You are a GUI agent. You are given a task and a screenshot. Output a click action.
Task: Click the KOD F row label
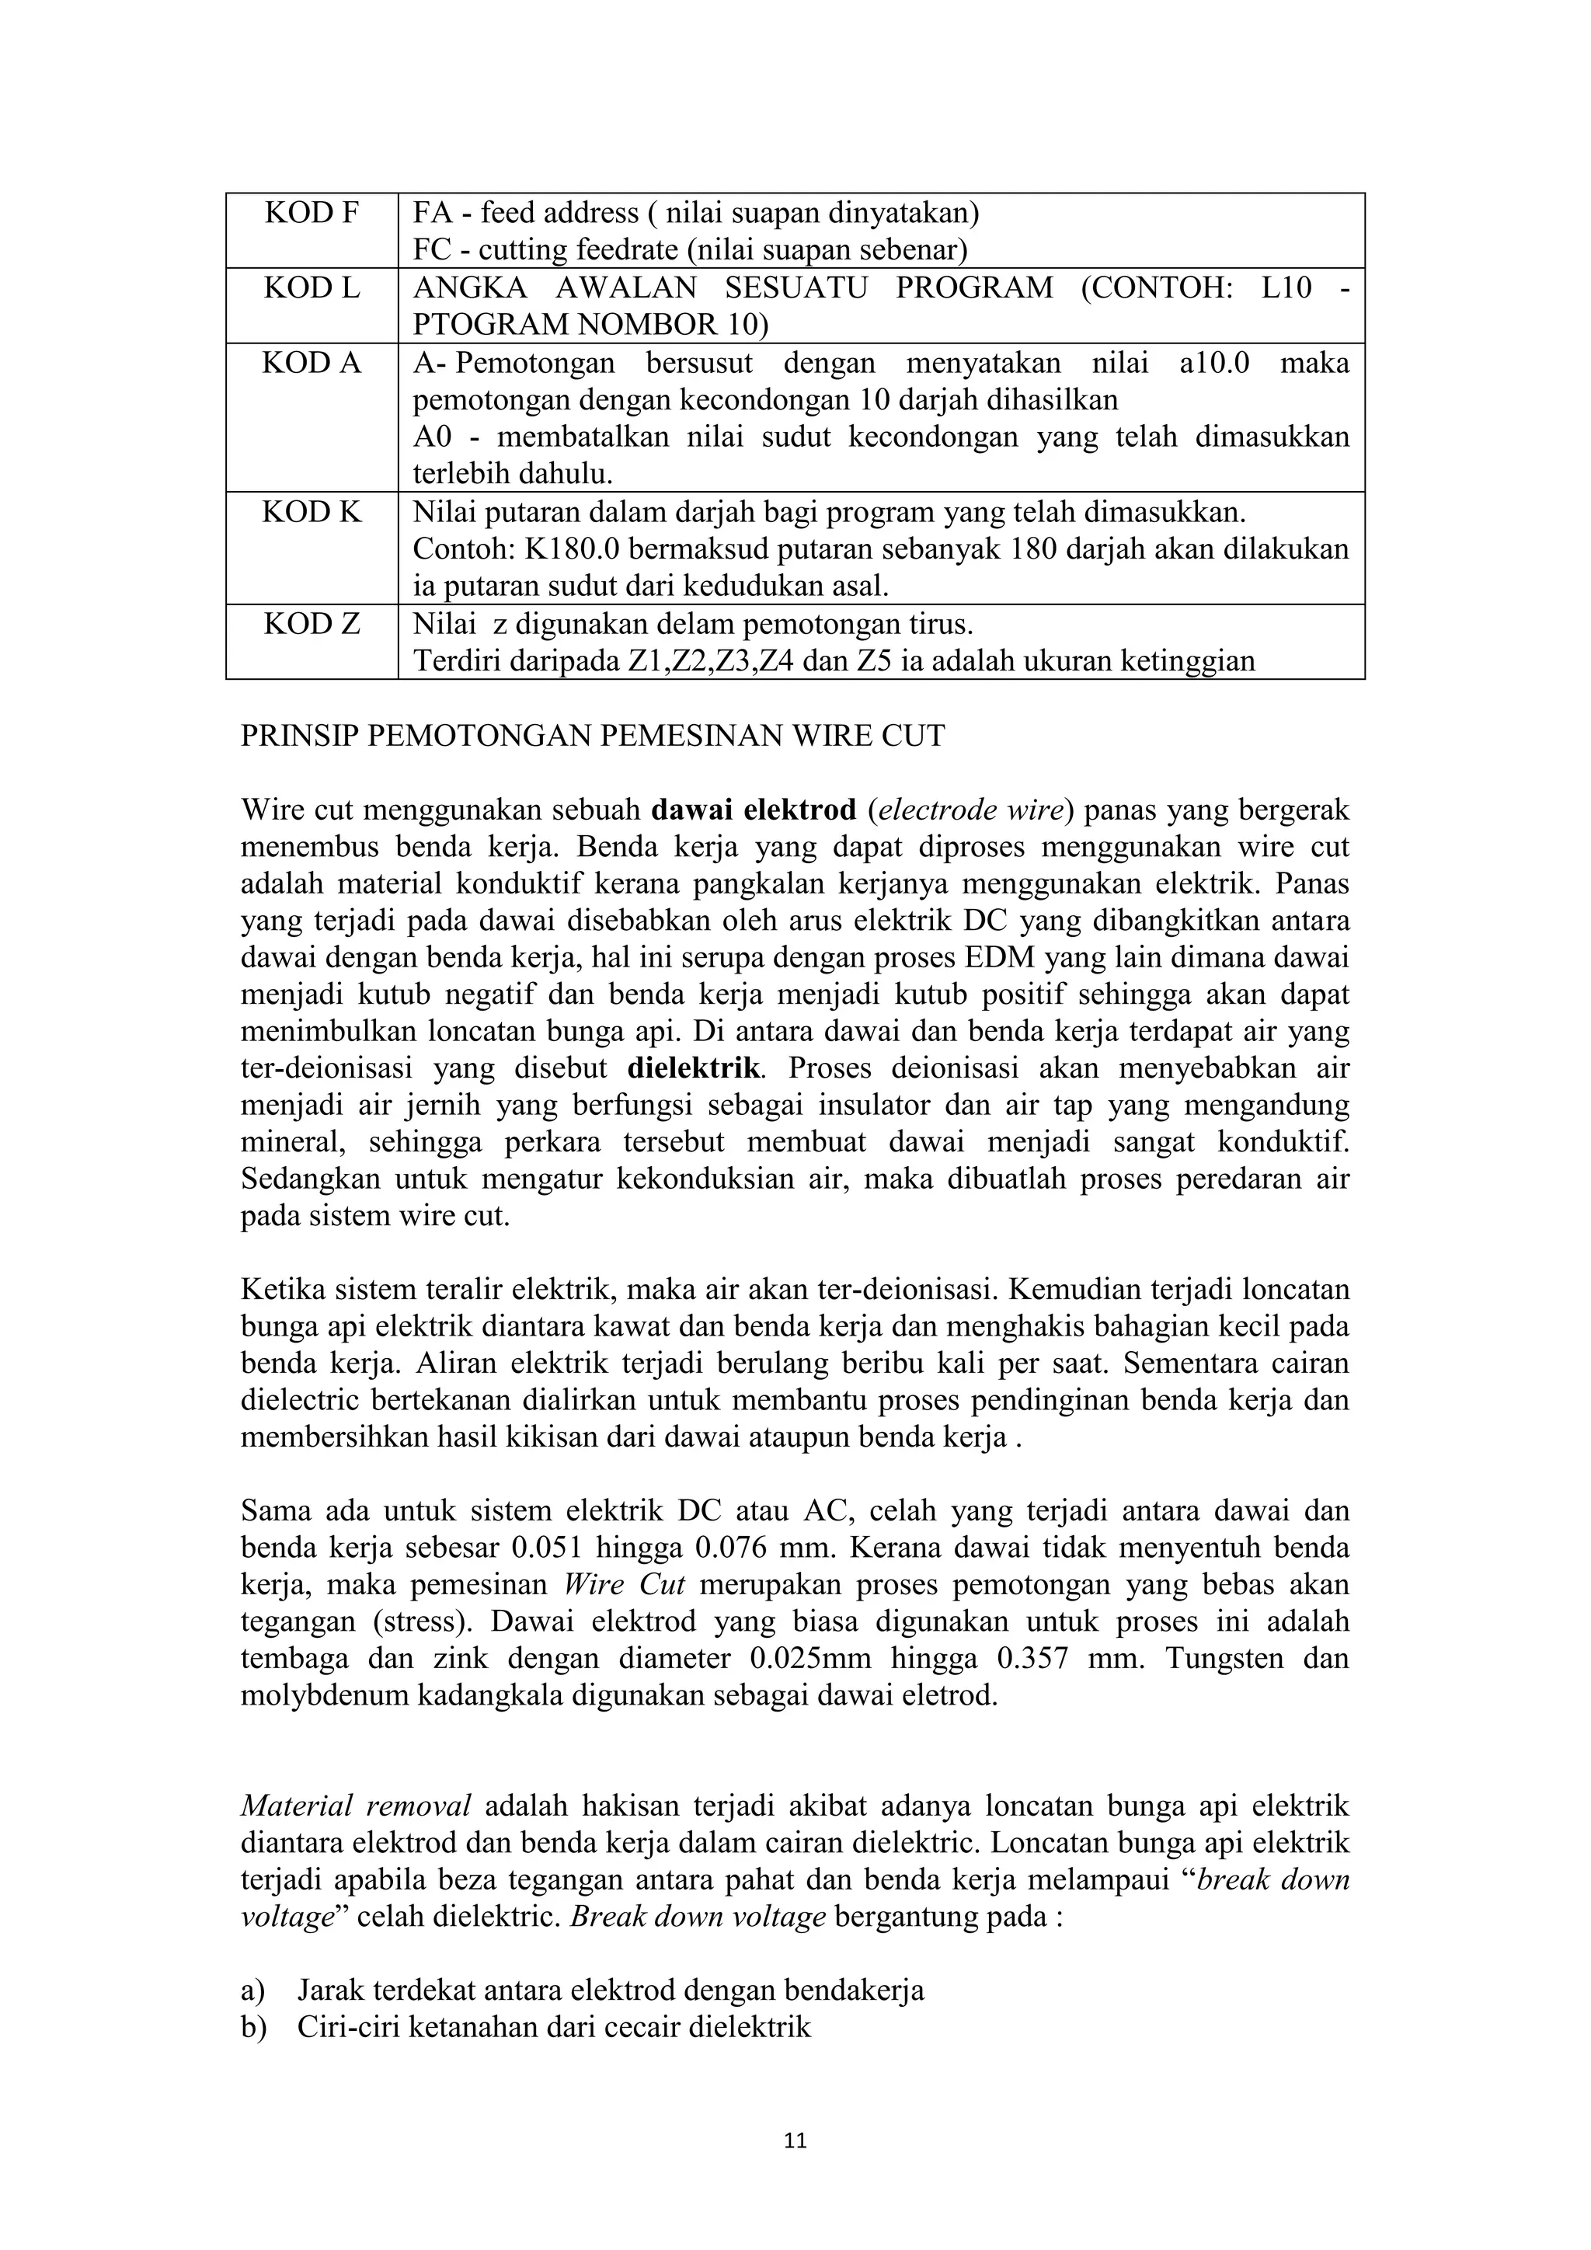coord(312,213)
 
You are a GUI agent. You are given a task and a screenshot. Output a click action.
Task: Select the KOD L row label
coord(312,288)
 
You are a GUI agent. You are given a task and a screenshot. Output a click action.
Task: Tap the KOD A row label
coord(312,364)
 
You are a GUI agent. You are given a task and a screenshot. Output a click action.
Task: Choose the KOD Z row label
coord(312,624)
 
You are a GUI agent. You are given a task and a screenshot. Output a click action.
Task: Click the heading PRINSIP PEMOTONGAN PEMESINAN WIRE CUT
coord(593,736)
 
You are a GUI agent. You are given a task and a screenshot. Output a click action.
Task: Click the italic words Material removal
coord(356,1806)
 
